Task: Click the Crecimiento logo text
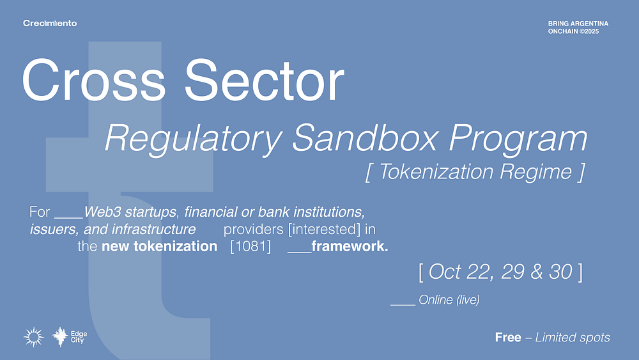tap(50, 23)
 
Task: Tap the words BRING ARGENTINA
tap(578, 24)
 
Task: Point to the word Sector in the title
tap(265, 80)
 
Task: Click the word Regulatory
tap(194, 139)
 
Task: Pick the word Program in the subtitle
tap(518, 139)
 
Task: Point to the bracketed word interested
tap(325, 229)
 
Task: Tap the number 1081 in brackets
tap(250, 246)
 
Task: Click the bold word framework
tap(350, 246)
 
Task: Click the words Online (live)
tap(449, 300)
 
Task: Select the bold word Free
tap(508, 337)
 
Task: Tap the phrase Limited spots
tap(573, 338)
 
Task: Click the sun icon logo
tap(33, 337)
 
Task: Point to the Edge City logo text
tap(79, 337)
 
